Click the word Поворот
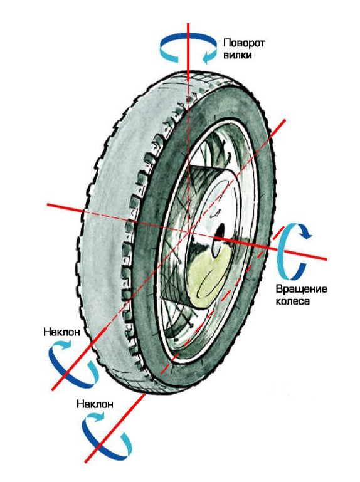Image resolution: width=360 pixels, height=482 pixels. pyautogui.click(x=244, y=43)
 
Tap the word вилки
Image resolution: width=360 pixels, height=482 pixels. pyautogui.click(x=238, y=55)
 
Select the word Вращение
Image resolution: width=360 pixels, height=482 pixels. pyautogui.click(x=301, y=289)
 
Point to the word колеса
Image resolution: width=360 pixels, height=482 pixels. pyautogui.click(x=292, y=301)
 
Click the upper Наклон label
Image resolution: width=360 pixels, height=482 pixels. pyautogui.click(x=62, y=332)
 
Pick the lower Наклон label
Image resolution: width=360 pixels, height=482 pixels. pyautogui.click(x=95, y=404)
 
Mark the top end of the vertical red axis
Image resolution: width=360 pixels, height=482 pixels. pyautogui.click(x=188, y=24)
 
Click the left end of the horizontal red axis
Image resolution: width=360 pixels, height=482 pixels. pyautogui.click(x=47, y=204)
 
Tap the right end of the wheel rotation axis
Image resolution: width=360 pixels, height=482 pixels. pyautogui.click(x=327, y=259)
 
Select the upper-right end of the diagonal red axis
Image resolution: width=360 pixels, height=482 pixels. pyautogui.click(x=285, y=120)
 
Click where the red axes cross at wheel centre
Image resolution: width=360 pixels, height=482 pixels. pyautogui.click(x=189, y=231)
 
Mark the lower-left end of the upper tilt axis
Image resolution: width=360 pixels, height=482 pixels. pyautogui.click(x=52, y=390)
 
